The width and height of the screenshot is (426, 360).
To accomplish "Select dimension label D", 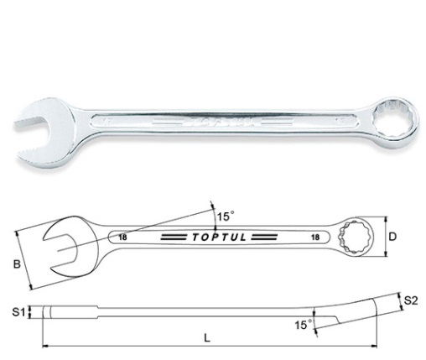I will pos(394,237).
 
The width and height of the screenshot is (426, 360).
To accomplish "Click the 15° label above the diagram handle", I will pos(224,217).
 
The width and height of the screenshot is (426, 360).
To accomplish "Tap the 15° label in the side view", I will pos(299,322).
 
